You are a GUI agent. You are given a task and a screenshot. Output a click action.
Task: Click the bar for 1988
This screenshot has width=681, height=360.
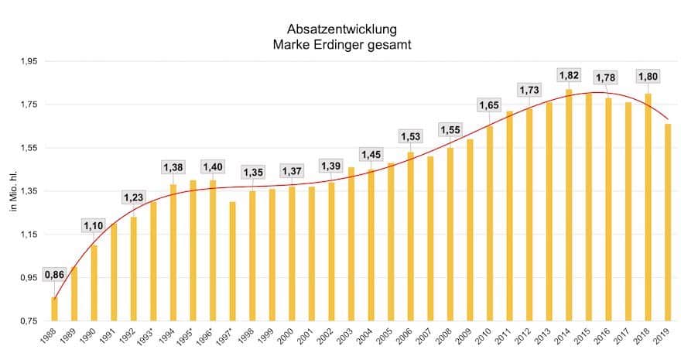tap(54, 309)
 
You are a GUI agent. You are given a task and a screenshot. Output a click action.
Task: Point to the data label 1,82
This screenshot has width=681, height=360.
tap(569, 76)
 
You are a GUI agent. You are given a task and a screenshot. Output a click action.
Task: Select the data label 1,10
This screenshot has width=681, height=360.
tap(94, 225)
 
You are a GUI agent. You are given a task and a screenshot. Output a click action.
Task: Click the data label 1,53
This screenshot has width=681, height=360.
tap(410, 137)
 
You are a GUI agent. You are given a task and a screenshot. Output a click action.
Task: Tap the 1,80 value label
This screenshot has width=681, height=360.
tap(648, 76)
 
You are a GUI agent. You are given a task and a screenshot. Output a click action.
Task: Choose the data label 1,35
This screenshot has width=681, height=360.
tap(252, 172)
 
